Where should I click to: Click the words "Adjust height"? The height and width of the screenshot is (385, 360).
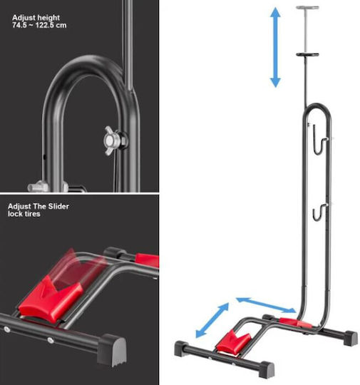click(36, 18)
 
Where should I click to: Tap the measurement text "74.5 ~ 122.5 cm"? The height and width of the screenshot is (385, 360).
click(39, 25)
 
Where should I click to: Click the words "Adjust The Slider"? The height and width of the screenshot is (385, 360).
click(38, 206)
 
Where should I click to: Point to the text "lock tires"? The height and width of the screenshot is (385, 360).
click(24, 214)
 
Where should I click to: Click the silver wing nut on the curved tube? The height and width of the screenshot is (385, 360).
click(113, 140)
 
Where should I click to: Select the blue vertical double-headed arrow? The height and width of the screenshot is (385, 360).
click(275, 47)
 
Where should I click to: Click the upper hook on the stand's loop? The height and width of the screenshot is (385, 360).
click(320, 140)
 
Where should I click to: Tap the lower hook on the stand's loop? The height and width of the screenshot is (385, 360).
click(319, 212)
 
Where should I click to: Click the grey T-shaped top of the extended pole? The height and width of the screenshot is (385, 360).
click(307, 8)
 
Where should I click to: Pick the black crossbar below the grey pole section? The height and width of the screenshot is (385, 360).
click(307, 54)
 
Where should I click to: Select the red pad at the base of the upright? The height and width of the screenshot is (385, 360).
click(295, 323)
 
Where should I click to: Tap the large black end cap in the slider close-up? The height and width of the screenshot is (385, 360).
click(112, 350)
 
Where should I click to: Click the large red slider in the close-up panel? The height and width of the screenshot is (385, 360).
click(51, 299)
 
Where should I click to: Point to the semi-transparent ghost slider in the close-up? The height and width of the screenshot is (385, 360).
click(81, 267)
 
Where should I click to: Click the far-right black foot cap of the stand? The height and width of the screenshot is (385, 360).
click(351, 338)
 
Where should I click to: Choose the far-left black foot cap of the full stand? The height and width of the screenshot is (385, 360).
click(181, 349)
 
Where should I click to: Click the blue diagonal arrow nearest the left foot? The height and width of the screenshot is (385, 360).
click(212, 320)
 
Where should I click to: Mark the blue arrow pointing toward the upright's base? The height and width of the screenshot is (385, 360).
click(266, 305)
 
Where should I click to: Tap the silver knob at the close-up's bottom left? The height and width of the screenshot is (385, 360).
click(38, 187)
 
